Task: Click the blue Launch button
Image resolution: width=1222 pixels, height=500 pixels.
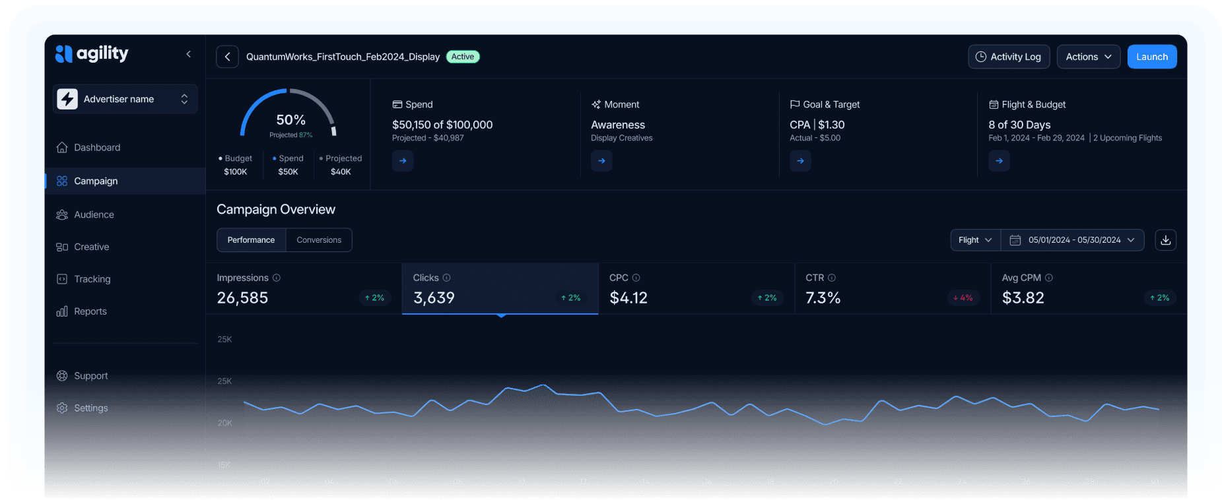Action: pos(1151,57)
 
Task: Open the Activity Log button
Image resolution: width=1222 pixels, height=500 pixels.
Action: pos(1008,57)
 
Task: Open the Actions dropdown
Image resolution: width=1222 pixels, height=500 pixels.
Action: pos(1088,57)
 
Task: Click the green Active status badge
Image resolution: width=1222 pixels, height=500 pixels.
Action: pos(463,57)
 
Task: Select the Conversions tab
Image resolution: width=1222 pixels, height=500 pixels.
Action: pos(319,240)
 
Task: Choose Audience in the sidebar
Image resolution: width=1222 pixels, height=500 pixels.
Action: pos(94,214)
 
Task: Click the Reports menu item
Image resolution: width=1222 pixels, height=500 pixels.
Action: pos(90,311)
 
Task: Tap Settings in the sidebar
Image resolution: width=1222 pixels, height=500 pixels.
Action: pos(90,408)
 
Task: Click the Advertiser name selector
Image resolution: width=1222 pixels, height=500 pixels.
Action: pos(125,99)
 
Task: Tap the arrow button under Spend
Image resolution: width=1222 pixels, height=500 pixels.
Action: pos(403,161)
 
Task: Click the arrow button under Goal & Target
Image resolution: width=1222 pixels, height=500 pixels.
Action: pos(800,161)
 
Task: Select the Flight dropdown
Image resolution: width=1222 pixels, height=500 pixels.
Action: pos(975,240)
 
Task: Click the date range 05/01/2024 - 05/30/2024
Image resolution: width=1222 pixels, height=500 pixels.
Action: pos(1073,240)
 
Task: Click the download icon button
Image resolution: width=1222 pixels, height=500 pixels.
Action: pos(1165,240)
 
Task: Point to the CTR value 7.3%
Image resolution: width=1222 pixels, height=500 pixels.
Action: pos(823,298)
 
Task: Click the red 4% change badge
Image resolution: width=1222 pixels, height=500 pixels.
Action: pos(963,298)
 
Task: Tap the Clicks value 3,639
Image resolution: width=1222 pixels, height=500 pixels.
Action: pos(434,298)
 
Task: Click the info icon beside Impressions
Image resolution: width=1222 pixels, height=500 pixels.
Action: pos(277,278)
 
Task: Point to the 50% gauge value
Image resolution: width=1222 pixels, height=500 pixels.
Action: pos(290,120)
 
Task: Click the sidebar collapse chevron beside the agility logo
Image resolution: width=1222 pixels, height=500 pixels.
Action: pos(189,54)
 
